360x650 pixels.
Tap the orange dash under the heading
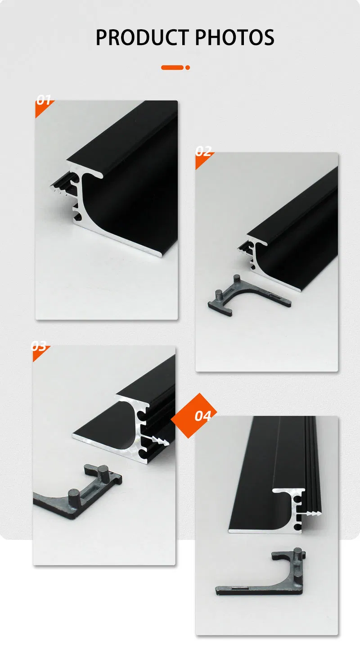[172, 68]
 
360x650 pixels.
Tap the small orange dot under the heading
[188, 68]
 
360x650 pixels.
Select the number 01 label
[44, 100]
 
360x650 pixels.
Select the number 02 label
[203, 152]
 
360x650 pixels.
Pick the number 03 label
[39, 347]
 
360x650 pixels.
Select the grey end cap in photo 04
[265, 581]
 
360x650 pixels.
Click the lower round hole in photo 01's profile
[79, 218]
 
